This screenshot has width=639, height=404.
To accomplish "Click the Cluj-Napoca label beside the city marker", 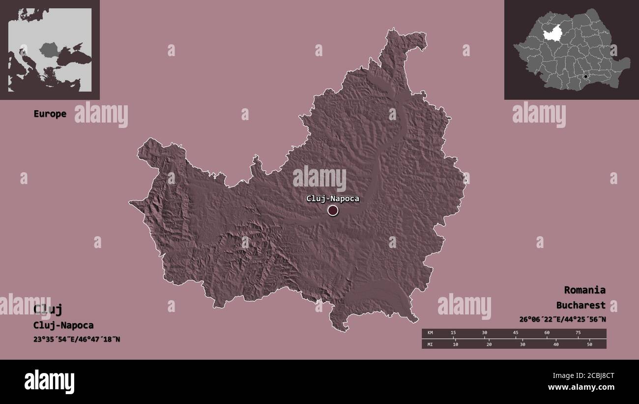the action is pos(332,199).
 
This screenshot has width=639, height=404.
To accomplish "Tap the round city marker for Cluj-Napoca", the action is pos(333,211).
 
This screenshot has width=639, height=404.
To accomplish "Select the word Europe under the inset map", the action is pos(50,114).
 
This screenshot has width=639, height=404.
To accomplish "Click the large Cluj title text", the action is pos(48,310).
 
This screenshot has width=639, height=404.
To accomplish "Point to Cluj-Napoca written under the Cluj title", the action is pos(63,325).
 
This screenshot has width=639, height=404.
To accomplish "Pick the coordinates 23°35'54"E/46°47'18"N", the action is pos(77,339).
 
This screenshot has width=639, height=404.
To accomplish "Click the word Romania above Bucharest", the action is pos(584,290).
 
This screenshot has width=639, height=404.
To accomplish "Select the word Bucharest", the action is pos(581,306).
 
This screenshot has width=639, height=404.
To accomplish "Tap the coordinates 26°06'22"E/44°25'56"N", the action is pos(562,319).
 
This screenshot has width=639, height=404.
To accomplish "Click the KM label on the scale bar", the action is pos(430,333).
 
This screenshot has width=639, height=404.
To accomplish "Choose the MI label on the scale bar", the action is pos(430,344).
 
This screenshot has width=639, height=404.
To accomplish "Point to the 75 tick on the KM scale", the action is pos(578,333).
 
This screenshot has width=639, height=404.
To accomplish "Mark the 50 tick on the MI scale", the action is pos(589,344).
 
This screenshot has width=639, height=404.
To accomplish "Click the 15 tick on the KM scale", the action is pos(453,333).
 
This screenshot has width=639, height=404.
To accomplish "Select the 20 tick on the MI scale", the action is pos(489,344).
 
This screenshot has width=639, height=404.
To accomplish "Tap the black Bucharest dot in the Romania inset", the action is pos(586,77).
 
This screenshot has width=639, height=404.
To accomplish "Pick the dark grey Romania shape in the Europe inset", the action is pos(49,49).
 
